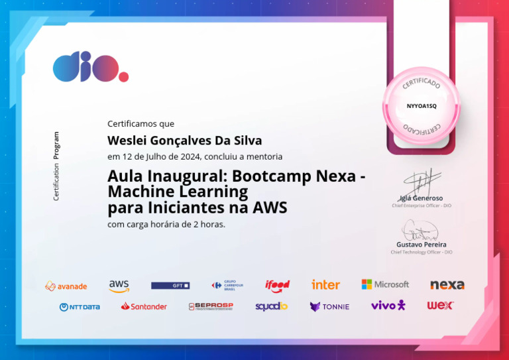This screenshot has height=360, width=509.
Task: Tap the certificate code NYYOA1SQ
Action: [x=422, y=105]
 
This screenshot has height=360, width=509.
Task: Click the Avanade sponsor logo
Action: [x=66, y=286]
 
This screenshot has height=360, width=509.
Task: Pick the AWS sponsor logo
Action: [x=119, y=285]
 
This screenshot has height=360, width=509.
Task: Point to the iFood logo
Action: [x=277, y=286]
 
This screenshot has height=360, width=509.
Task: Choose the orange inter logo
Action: [x=325, y=284]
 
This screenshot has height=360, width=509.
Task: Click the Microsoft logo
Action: [x=385, y=284]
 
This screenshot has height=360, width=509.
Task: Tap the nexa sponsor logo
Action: [x=447, y=285]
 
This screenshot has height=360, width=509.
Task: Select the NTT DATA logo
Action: [x=80, y=306]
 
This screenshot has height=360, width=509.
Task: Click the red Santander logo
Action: [x=144, y=306]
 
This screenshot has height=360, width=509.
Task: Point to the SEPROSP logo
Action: [x=211, y=306]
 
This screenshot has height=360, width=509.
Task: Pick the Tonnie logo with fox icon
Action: [x=329, y=306]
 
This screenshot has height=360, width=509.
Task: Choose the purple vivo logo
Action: [x=388, y=305]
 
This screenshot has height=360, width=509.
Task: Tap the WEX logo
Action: [x=440, y=306]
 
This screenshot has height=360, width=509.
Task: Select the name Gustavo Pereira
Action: [x=422, y=245]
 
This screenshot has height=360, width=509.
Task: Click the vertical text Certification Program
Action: [x=56, y=166]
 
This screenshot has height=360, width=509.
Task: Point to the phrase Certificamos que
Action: [x=141, y=123]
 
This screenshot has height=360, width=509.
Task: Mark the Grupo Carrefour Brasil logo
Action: [x=227, y=285]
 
